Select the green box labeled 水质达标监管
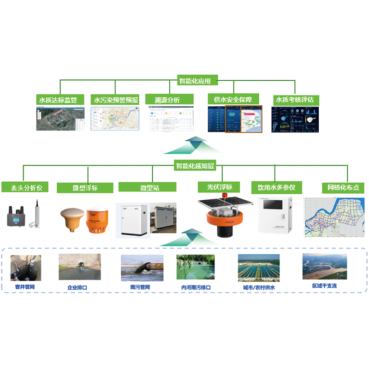pyautogui.click(x=61, y=99)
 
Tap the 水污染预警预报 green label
pyautogui.click(x=115, y=99)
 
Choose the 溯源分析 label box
pyautogui.click(x=167, y=99)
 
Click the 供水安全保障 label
pyautogui.click(x=233, y=99)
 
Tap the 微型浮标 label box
pyautogui.click(x=85, y=188)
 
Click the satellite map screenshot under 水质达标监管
pyautogui.click(x=61, y=119)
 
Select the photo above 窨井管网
pyautogui.click(x=25, y=268)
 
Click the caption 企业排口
pyautogui.click(x=77, y=287)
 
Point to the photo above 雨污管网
pyautogui.click(x=142, y=268)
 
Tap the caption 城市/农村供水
pyautogui.click(x=259, y=287)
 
